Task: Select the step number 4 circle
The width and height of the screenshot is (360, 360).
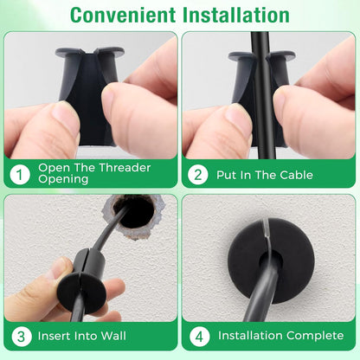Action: [x=198, y=335]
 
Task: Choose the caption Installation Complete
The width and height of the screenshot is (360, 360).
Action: [x=273, y=335]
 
